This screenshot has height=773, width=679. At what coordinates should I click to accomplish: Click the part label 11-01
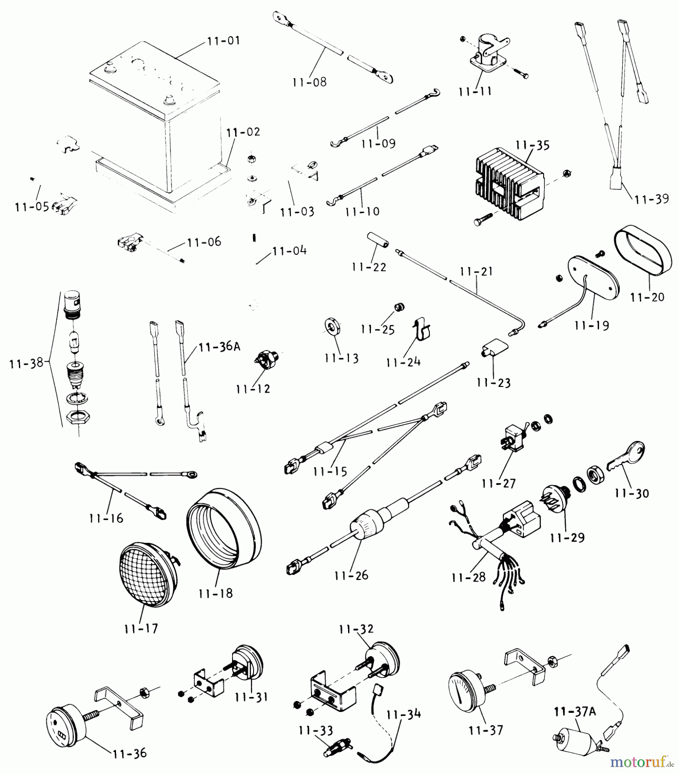pyautogui.click(x=223, y=41)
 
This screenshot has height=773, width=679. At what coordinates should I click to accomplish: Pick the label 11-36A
pyautogui.click(x=219, y=347)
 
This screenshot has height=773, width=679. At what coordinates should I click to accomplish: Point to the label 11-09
pyautogui.click(x=378, y=143)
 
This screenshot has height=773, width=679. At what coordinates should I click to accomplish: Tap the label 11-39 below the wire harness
pyautogui.click(x=651, y=199)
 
